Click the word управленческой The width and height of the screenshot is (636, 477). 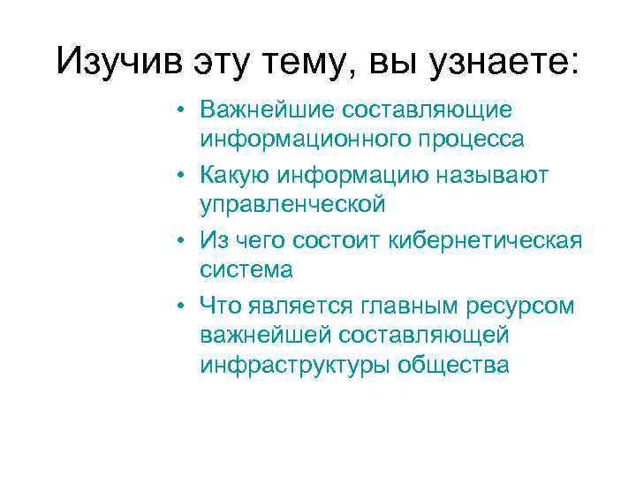[292, 205]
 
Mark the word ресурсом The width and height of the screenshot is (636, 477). [527, 307]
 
